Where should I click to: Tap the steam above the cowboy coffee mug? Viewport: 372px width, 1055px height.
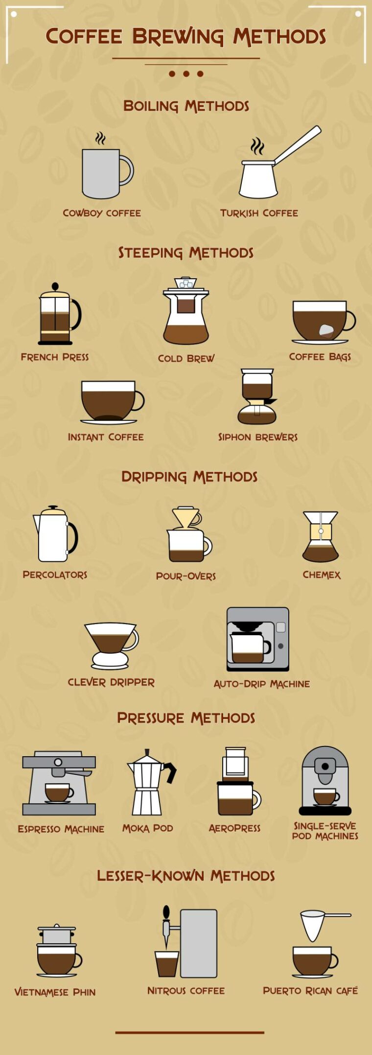100,139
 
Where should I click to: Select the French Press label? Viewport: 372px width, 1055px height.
55,357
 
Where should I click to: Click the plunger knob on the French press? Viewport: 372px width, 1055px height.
55,286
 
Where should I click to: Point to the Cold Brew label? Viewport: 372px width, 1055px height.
186,359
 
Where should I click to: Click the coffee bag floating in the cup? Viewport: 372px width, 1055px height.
326,330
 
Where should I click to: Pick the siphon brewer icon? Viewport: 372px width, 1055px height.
257,397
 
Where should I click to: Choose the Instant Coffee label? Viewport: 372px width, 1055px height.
106,437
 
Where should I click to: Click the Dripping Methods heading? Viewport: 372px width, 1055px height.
189,477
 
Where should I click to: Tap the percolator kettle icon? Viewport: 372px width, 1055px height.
54,535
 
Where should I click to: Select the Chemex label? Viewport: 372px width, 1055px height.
321,575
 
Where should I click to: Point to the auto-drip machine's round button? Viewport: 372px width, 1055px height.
280,646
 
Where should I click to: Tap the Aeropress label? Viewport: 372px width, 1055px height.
234,828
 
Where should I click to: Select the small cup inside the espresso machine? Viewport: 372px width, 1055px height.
58,792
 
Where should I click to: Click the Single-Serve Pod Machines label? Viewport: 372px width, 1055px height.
325,831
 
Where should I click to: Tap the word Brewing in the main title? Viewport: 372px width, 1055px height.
178,37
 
